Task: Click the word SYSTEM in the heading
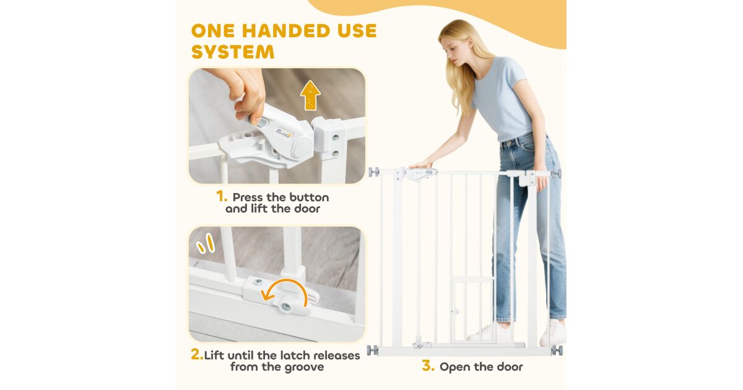pos(233,52)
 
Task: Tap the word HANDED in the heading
pos(286,31)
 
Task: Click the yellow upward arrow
pos(310,95)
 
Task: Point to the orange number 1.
pos(222,196)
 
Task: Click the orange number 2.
pos(197,354)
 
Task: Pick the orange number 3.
pos(428,366)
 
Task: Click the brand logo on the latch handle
pos(284,133)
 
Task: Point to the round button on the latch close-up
pos(303,148)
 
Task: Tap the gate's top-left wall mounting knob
pos(374,172)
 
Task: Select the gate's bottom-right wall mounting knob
pos(557,350)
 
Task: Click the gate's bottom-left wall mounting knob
pos(373,350)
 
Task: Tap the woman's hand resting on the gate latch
pos(420,165)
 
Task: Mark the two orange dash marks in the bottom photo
pos(206,244)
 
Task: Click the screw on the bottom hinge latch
pos(285,307)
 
